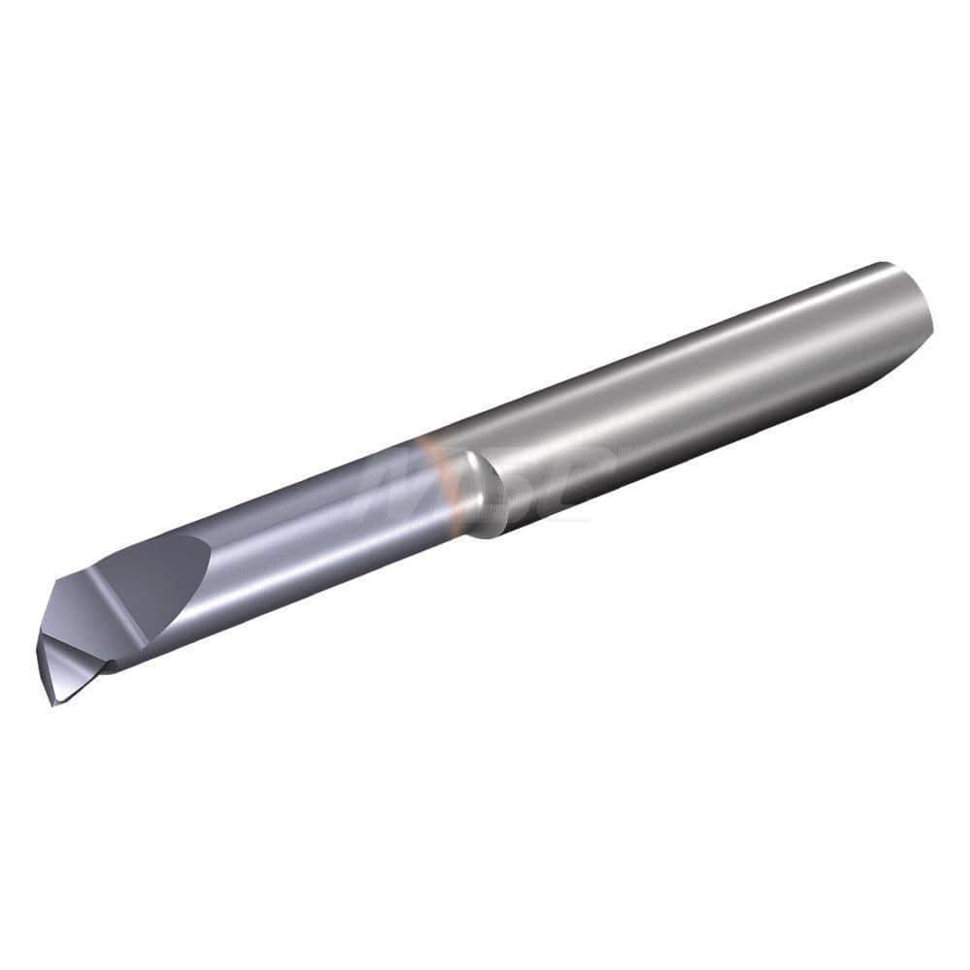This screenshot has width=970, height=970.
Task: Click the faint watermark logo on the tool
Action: pos(485,475)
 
